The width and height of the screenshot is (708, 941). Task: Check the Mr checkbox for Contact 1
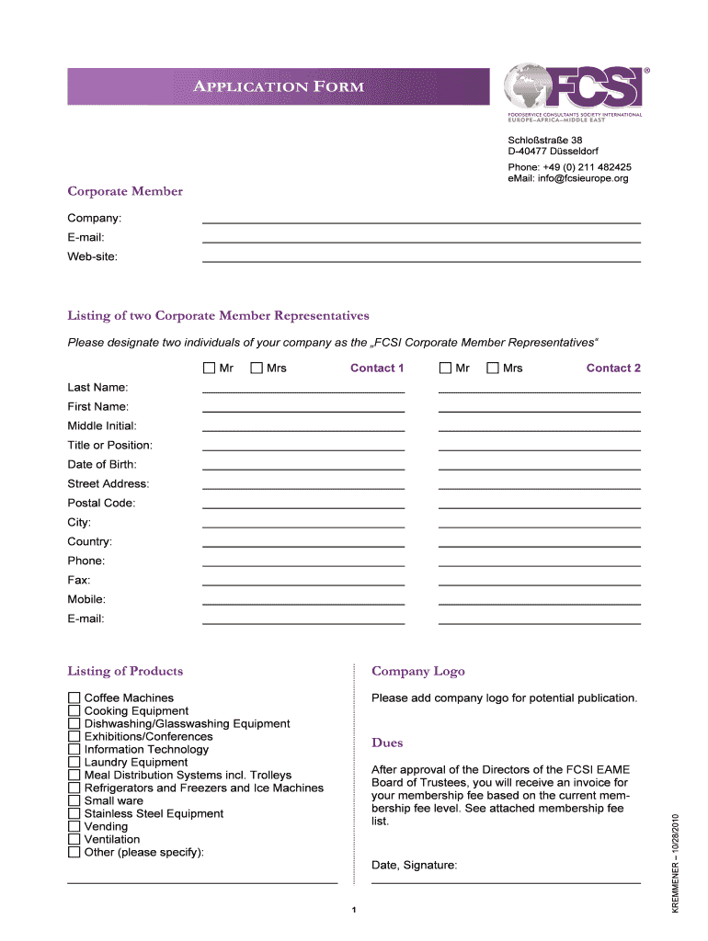[x=209, y=368]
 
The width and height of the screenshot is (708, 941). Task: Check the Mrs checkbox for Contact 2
[x=493, y=368]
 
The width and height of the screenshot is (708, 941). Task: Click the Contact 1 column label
[x=377, y=368]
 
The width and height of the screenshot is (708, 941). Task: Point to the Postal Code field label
[x=101, y=503]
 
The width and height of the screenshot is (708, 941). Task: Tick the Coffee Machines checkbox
[x=74, y=698]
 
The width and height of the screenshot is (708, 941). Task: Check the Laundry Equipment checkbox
[x=74, y=763]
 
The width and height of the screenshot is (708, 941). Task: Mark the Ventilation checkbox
[x=74, y=840]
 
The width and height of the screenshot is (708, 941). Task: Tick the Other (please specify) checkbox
[x=74, y=853]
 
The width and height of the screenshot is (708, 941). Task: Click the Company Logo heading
[x=417, y=672]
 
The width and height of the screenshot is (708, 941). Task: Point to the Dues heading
[x=387, y=743]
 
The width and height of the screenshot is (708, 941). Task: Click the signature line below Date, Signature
[x=506, y=882]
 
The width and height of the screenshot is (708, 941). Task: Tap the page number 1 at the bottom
[x=353, y=911]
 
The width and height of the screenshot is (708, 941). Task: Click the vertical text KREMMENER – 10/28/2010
[x=675, y=863]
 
